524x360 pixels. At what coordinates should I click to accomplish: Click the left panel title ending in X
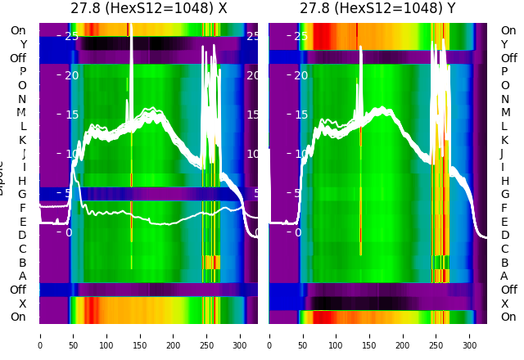pyautogui.click(x=148, y=9)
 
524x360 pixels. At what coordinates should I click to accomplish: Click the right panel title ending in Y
pyautogui.click(x=377, y=9)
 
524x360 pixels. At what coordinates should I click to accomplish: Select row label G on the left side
pyautogui.click(x=23, y=195)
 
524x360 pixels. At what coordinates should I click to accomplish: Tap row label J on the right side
pyautogui.click(x=502, y=153)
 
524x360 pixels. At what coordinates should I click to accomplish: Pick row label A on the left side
pyautogui.click(x=23, y=277)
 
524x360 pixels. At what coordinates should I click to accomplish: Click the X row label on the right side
pyautogui.click(x=504, y=304)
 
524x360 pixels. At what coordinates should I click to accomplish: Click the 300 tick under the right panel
pyautogui.click(x=470, y=335)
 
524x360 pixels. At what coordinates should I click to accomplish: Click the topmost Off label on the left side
pyautogui.click(x=18, y=58)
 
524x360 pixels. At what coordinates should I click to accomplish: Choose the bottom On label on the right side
pyautogui.click(x=508, y=317)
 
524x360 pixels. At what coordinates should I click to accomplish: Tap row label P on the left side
pyautogui.click(x=23, y=72)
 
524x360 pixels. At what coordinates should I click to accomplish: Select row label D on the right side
pyautogui.click(x=504, y=236)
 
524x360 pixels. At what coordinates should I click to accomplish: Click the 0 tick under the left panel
pyautogui.click(x=40, y=335)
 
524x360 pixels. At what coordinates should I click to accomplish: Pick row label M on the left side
pyautogui.click(x=22, y=113)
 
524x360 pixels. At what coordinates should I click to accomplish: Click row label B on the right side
pyautogui.click(x=504, y=263)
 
